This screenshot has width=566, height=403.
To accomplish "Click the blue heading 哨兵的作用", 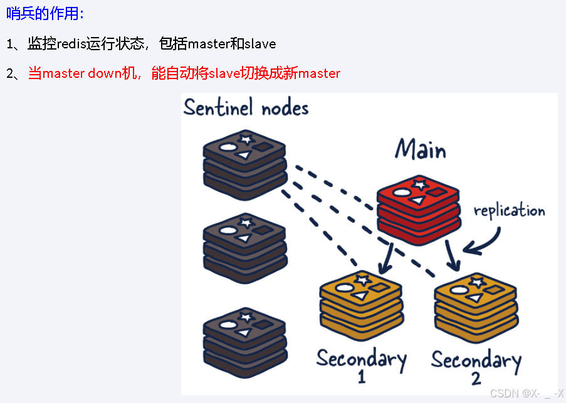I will tap(45, 14).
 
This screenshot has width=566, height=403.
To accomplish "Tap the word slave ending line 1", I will tap(259, 44).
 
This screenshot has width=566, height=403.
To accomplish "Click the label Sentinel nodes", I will tap(246, 107).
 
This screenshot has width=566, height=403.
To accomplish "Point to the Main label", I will tap(421, 150).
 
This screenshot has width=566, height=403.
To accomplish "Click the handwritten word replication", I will tap(509, 210).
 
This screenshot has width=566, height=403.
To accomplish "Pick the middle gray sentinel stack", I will tap(245, 248).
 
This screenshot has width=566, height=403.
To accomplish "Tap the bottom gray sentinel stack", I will tap(245, 338).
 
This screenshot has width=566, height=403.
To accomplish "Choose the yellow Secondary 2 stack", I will tap(476, 306).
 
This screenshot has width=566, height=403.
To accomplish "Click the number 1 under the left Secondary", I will tap(362, 378).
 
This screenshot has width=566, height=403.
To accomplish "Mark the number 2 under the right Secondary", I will tap(476, 379).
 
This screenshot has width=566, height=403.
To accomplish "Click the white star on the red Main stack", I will tap(419, 183).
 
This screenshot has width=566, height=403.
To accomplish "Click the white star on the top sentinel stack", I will tap(246, 137).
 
